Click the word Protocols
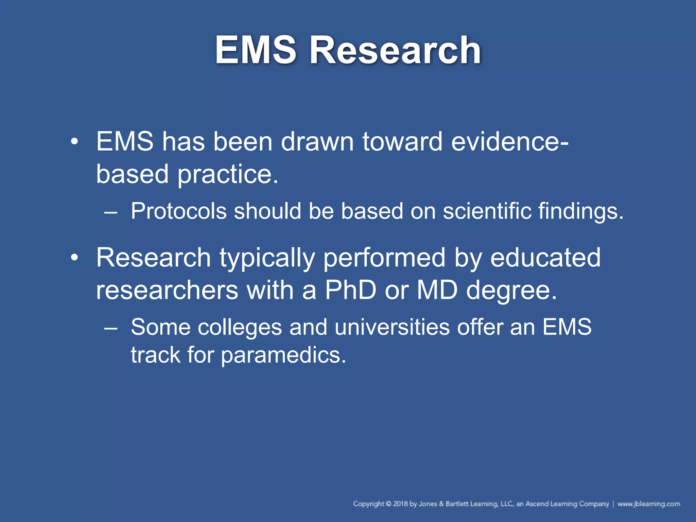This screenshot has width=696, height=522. click(x=179, y=211)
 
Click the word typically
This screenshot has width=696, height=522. click(x=267, y=258)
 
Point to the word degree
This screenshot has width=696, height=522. click(x=511, y=291)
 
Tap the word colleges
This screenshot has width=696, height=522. click(x=240, y=328)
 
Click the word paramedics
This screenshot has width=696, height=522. click(x=283, y=355)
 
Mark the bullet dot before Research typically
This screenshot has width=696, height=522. click(x=74, y=257)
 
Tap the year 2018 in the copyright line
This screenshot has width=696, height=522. click(x=400, y=504)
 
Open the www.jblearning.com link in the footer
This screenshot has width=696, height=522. click(x=649, y=504)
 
